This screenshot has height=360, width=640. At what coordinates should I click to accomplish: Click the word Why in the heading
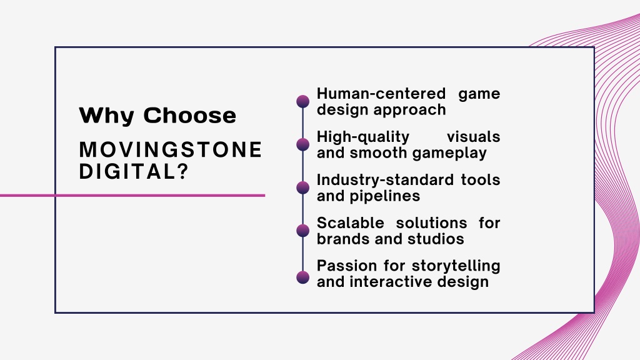click(106, 116)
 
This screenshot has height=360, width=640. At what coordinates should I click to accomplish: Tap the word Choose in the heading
click(190, 115)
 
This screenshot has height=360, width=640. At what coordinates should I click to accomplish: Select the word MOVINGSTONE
click(171, 150)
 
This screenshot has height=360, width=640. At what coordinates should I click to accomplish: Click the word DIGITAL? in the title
click(134, 171)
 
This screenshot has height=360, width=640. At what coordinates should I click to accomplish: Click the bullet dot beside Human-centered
click(303, 102)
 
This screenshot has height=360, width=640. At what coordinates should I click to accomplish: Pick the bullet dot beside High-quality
click(303, 144)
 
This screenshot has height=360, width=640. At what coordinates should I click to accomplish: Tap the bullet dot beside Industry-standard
click(303, 187)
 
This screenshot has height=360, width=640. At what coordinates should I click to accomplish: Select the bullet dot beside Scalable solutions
click(303, 231)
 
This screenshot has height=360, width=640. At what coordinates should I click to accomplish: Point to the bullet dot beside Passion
click(303, 277)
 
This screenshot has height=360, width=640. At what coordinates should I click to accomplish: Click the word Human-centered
click(381, 94)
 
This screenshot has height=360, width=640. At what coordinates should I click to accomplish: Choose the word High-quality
click(363, 137)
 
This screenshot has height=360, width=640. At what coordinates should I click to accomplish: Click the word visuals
click(474, 137)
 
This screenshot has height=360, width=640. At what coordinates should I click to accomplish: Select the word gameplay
click(449, 154)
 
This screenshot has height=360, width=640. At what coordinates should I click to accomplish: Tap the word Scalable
click(351, 223)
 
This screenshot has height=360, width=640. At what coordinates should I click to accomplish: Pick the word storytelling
click(456, 266)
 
